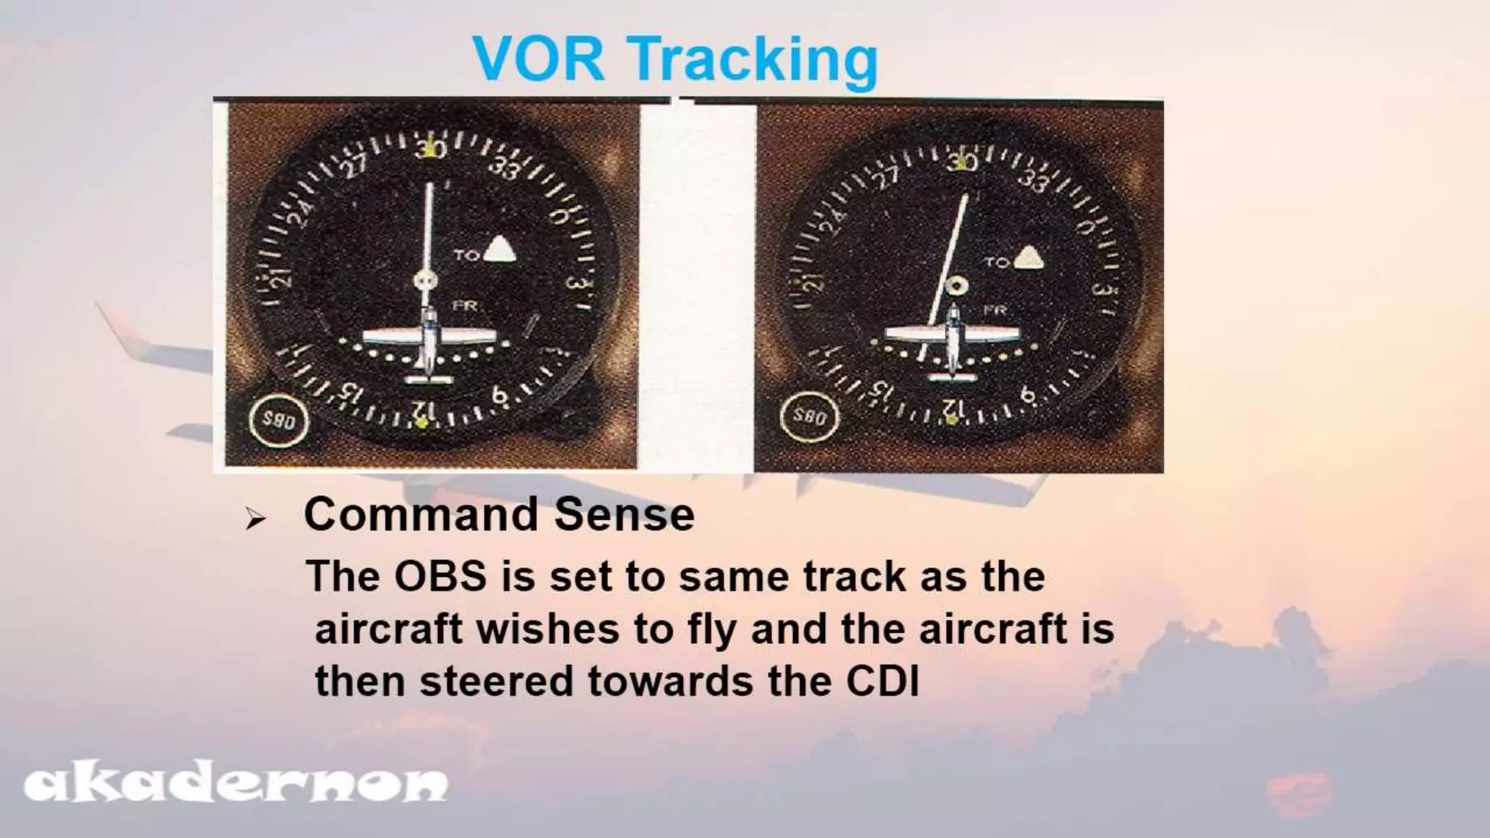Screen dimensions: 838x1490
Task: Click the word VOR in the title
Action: click(538, 58)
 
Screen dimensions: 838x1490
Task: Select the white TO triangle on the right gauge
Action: click(1027, 258)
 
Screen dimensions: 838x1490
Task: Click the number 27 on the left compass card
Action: click(355, 167)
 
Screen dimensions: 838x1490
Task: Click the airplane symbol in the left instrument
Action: click(429, 340)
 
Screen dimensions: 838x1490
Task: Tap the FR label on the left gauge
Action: click(466, 306)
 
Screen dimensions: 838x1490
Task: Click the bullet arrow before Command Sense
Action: click(254, 519)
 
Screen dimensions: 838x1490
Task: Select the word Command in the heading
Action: click(421, 515)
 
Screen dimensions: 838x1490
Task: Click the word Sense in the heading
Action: click(624, 515)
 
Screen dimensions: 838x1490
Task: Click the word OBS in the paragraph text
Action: click(439, 576)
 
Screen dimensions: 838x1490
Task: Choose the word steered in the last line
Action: click(496, 682)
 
